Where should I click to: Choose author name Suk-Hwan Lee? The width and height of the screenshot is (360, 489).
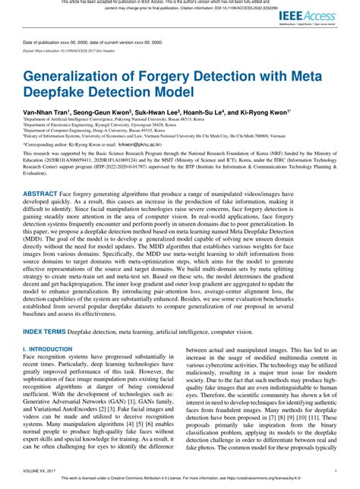point(167,112)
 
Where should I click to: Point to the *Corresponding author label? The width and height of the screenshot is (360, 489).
point(46,142)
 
